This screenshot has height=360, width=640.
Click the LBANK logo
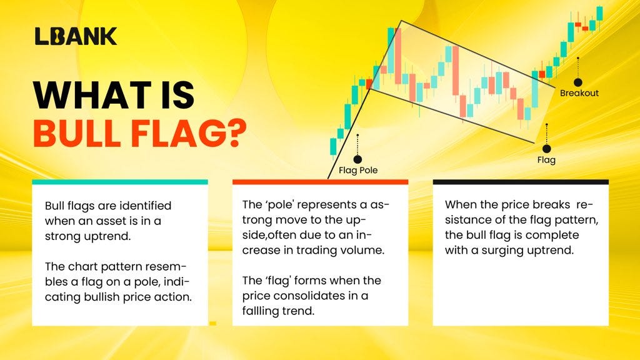[x=75, y=36]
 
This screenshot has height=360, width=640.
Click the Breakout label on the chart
[x=579, y=93]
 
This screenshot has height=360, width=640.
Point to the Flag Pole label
[x=358, y=170]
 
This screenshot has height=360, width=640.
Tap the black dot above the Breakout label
[x=578, y=82]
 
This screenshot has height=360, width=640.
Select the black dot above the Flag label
[x=546, y=149]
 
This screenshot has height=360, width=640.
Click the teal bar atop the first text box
[x=119, y=182]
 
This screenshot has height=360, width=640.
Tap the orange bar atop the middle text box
[x=320, y=182]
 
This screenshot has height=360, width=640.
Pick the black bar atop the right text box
[x=521, y=182]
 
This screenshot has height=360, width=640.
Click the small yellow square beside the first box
[x=212, y=323]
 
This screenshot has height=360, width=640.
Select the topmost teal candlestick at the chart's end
[x=599, y=13]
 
